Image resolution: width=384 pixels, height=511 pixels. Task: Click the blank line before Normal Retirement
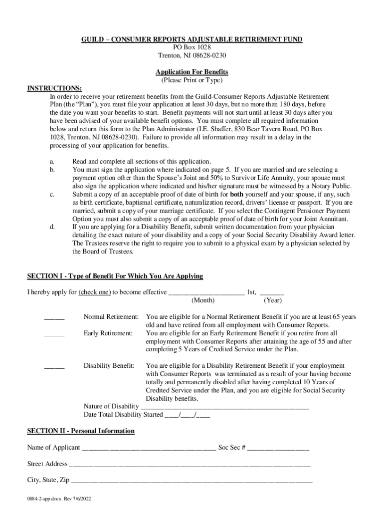54,318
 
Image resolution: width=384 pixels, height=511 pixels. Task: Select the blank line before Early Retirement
54,334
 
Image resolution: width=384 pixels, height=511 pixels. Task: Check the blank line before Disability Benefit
54,367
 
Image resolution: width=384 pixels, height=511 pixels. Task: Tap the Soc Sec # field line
278,448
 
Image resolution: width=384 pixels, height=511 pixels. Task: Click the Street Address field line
190,465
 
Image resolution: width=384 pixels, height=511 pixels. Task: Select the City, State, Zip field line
192,482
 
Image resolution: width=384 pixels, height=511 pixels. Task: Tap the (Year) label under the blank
273,300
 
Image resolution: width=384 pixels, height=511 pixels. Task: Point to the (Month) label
203,300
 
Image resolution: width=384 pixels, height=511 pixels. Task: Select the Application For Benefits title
192,72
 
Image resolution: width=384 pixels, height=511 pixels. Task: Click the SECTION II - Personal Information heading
81,431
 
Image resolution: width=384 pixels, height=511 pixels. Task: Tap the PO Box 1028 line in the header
192,47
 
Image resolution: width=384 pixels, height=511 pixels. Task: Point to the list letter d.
52,227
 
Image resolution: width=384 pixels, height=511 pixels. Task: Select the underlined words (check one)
95,292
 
